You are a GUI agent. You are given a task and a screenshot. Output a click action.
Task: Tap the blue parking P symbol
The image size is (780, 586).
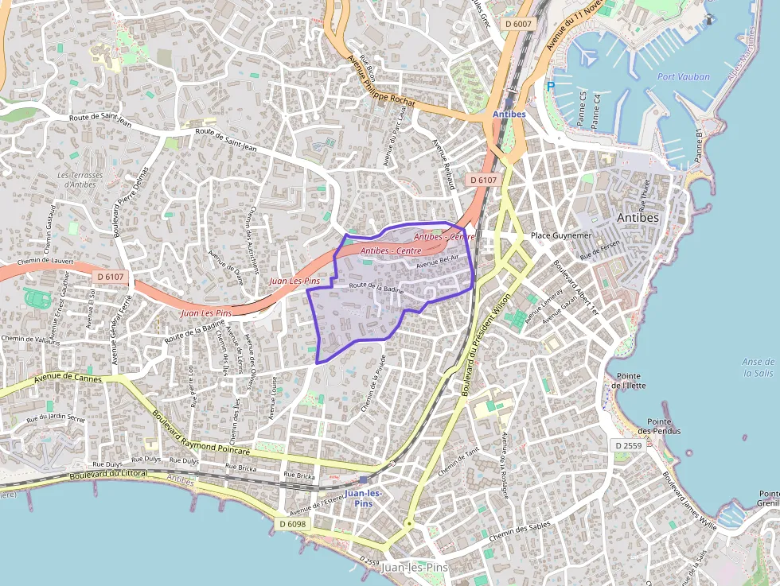click(x=550, y=87)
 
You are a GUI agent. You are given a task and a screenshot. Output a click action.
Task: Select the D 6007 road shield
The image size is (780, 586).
click(x=518, y=24)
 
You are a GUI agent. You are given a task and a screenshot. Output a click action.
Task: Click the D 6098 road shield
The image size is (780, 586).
click(x=293, y=524)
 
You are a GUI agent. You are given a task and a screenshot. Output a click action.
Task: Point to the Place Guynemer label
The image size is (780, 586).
click(x=562, y=236)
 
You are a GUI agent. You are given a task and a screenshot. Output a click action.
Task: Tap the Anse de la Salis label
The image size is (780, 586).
click(x=758, y=367)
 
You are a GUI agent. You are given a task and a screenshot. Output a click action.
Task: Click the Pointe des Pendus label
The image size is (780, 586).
click(x=662, y=426)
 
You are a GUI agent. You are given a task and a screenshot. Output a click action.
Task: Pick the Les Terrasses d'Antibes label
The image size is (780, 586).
click(x=80, y=180)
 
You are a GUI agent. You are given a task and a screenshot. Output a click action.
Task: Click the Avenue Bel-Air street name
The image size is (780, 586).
click(x=437, y=264)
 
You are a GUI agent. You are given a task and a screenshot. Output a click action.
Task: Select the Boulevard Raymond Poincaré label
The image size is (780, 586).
click(x=201, y=433)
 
